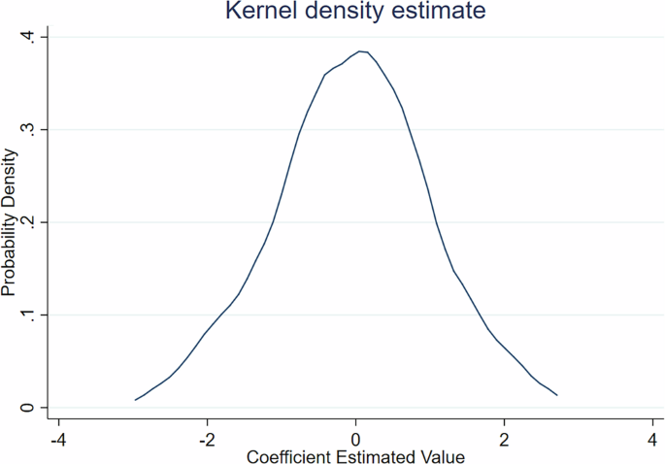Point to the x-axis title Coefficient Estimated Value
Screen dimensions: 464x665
355,455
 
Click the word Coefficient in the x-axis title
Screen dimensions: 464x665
288,455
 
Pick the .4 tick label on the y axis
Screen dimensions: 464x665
29,37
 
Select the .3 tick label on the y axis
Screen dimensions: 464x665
29,129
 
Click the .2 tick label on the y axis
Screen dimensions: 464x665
29,222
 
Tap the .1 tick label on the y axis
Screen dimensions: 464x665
29,315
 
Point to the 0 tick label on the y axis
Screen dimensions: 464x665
29,408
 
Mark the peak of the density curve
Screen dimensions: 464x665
360,51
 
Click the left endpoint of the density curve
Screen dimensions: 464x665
135,400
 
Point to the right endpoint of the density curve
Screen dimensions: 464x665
557,395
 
